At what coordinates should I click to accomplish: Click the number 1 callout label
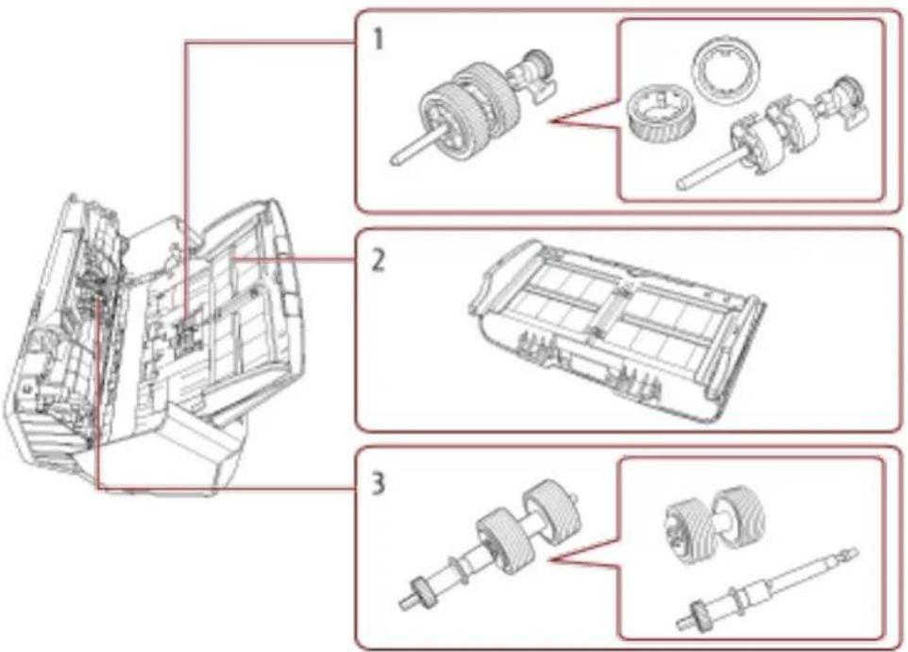click(x=377, y=40)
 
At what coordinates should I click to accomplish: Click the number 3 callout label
click(x=378, y=483)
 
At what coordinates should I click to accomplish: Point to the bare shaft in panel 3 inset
click(x=767, y=590)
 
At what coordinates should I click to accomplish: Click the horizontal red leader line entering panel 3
click(x=227, y=489)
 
